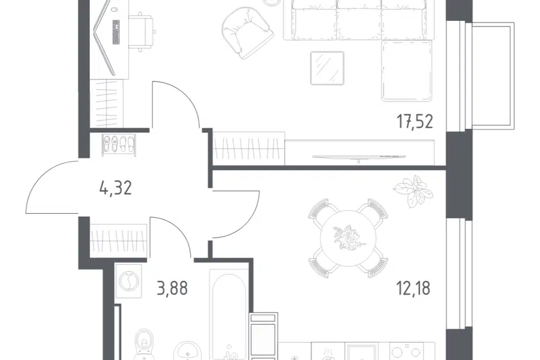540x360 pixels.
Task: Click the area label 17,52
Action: pyautogui.click(x=415, y=122)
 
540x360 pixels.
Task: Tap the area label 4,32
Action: pyautogui.click(x=115, y=188)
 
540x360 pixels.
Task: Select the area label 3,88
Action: pyautogui.click(x=172, y=288)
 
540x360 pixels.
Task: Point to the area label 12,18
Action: pyautogui.click(x=413, y=288)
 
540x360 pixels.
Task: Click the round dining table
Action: pyautogui.click(x=348, y=238)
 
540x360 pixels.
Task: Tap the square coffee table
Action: pyautogui.click(x=327, y=68)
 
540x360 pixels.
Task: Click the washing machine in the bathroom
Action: pyautogui.click(x=128, y=281)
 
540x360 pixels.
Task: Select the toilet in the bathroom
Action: pyautogui.click(x=145, y=344)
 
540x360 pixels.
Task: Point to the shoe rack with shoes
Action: pyautogui.click(x=119, y=145)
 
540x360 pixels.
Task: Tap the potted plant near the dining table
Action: pyautogui.click(x=413, y=191)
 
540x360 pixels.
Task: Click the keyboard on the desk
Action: pyautogui.click(x=116, y=32)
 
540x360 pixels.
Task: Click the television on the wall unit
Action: pyautogui.click(x=359, y=157)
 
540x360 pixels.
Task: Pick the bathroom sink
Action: pyautogui.click(x=188, y=352)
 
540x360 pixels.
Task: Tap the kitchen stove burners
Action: pyautogui.click(x=407, y=352)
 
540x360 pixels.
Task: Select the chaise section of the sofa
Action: pyautogui.click(x=407, y=71)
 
